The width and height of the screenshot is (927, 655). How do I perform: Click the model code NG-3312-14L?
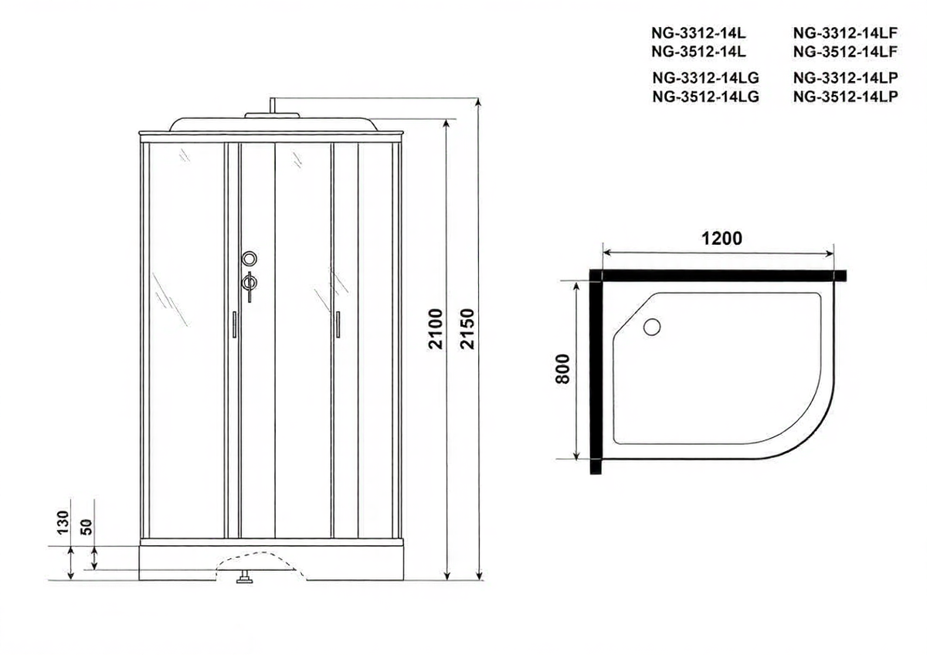pyautogui.click(x=698, y=33)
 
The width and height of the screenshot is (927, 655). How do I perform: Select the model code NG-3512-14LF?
pyautogui.click(x=845, y=52)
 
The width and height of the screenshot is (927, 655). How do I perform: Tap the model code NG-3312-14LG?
pyautogui.click(x=706, y=78)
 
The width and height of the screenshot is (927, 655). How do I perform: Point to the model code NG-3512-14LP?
pyautogui.click(x=846, y=97)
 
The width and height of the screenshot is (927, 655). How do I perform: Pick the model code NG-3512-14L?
pyautogui.click(x=698, y=52)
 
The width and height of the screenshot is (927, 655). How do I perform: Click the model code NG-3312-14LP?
pyautogui.click(x=846, y=78)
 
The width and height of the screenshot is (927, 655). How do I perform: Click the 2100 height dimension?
pyautogui.click(x=436, y=329)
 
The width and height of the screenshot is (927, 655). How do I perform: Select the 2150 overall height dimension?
pyautogui.click(x=467, y=329)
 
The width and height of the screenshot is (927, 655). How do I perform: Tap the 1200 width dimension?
pyautogui.click(x=722, y=239)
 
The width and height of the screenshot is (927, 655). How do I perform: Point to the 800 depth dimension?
pyautogui.click(x=563, y=369)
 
